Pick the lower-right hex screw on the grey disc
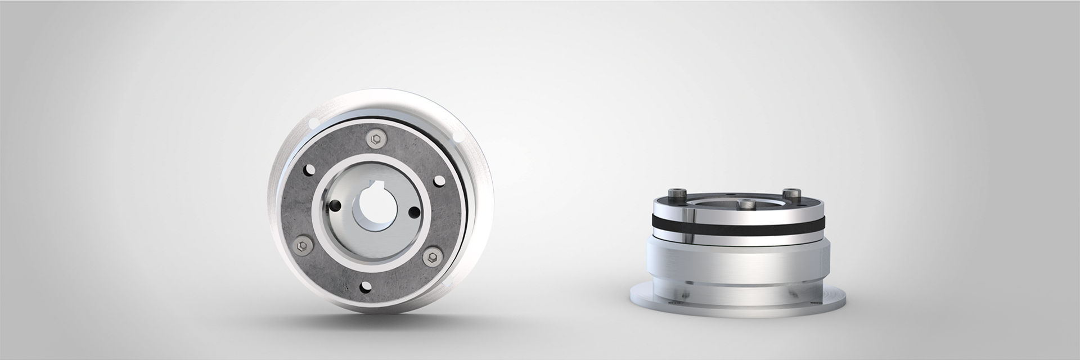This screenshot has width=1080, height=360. click(x=431, y=256)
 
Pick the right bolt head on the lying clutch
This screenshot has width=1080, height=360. click(x=794, y=193)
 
